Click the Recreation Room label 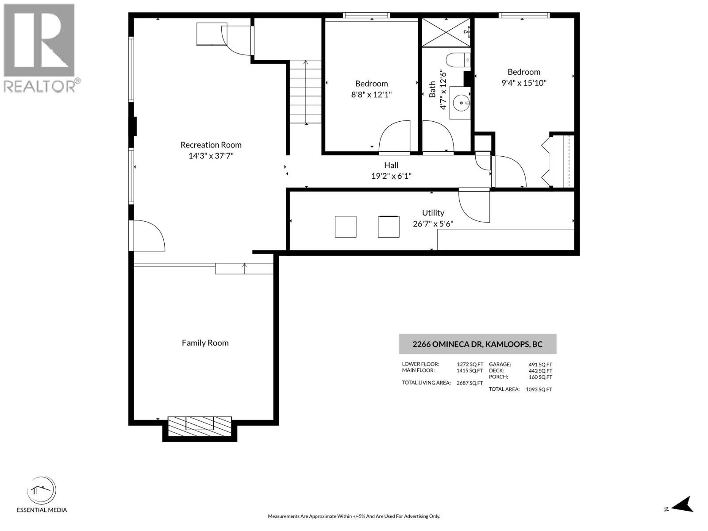[x=211, y=145]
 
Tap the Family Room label [x=205, y=342]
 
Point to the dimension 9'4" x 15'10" [x=523, y=83]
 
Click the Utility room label [x=433, y=213]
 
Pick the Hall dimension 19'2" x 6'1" [x=391, y=176]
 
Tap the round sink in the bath [x=461, y=103]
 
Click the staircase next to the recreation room [x=305, y=92]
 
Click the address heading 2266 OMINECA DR [x=477, y=344]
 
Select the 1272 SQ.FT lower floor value [x=469, y=365]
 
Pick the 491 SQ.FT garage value [x=540, y=365]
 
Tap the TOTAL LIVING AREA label [x=426, y=383]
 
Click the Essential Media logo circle [x=42, y=490]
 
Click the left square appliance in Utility [x=346, y=227]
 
